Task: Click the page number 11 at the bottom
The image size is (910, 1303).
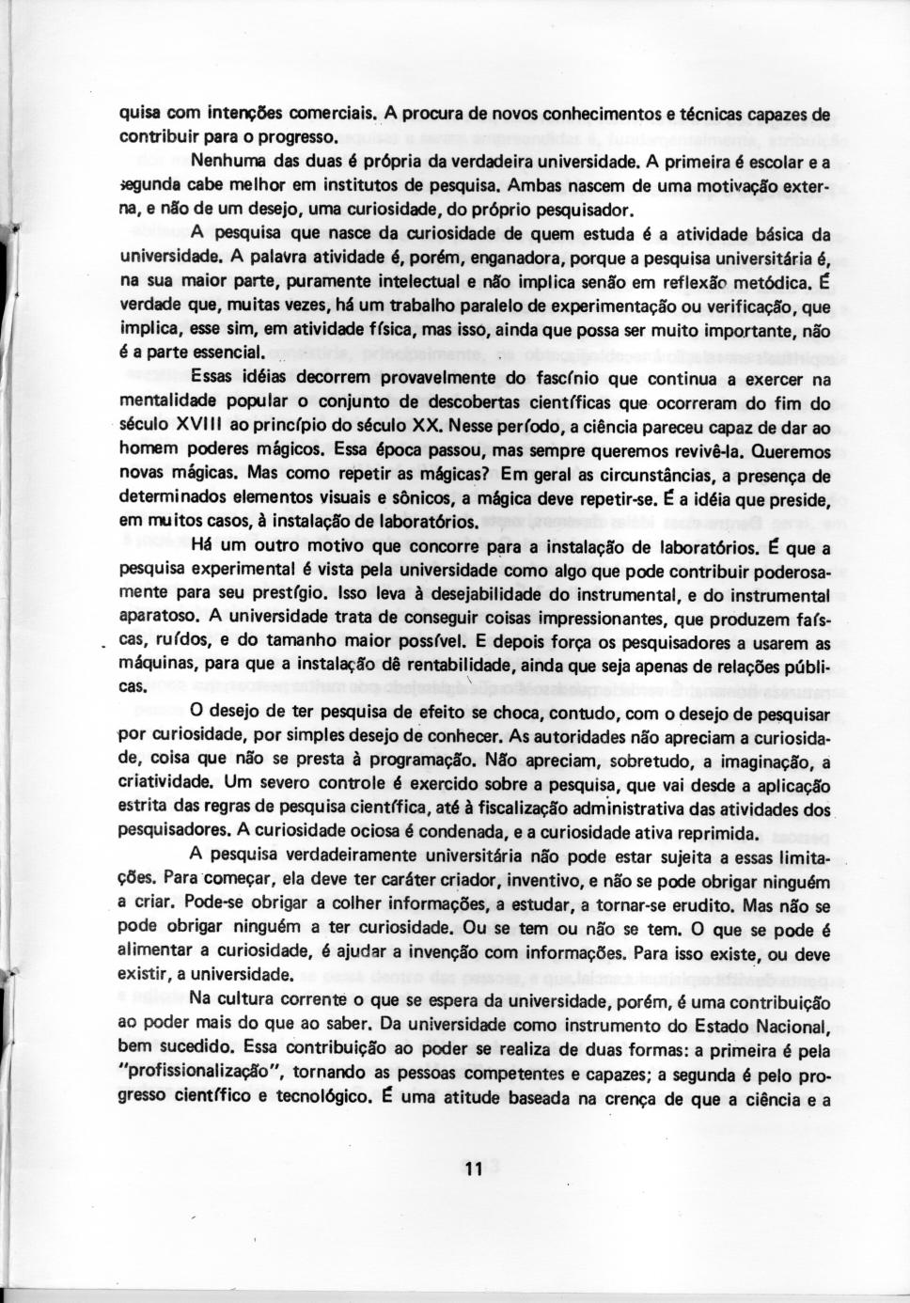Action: [472, 1170]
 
